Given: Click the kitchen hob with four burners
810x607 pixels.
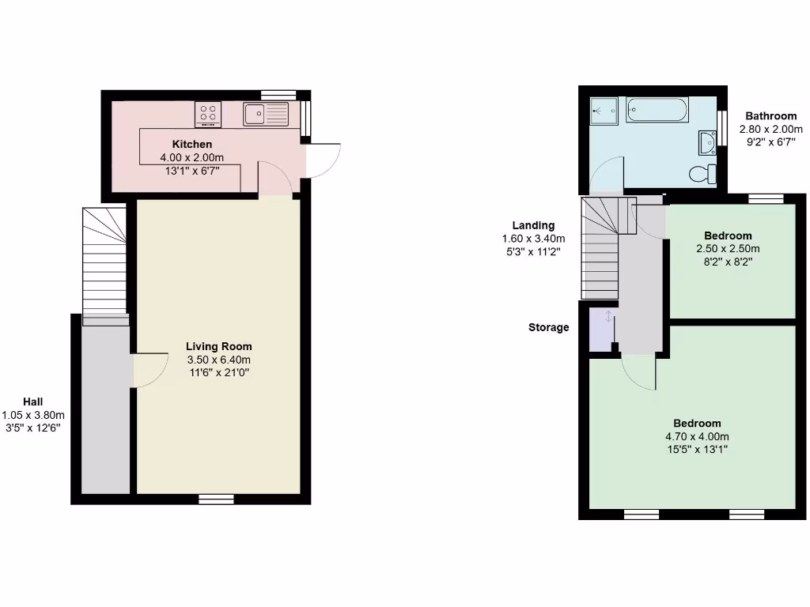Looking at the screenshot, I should [208, 115].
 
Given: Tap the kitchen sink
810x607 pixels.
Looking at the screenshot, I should [266, 115].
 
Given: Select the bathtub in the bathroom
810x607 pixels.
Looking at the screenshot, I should [657, 110].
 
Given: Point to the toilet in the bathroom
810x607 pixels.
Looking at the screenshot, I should [701, 173].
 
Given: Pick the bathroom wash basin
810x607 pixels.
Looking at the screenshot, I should [707, 142].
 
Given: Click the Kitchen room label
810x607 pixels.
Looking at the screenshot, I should [192, 144].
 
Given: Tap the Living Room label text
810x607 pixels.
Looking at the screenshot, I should [219, 346].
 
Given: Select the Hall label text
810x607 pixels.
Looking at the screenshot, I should [32, 402].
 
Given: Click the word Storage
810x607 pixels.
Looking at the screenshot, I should [548, 327].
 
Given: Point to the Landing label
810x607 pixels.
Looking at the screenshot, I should [533, 225].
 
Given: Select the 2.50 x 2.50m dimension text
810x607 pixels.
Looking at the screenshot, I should [728, 248].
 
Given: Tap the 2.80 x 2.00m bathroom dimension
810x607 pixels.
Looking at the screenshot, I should [770, 129].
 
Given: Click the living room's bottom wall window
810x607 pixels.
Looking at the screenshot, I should [216, 499].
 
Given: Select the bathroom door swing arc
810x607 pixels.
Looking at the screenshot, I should [607, 174].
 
